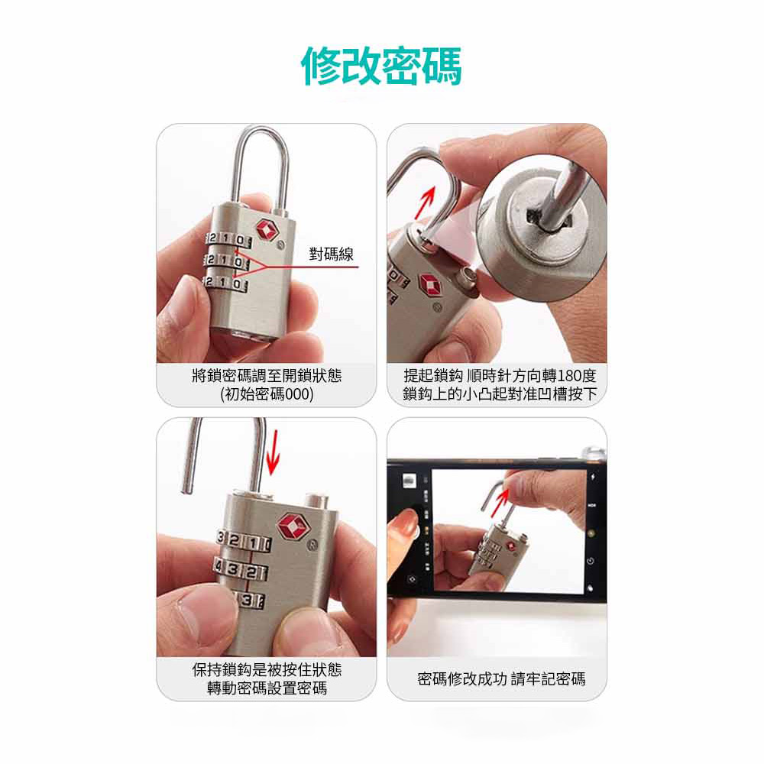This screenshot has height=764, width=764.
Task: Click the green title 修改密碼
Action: [x=381, y=66]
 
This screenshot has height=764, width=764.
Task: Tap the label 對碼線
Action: [x=332, y=254]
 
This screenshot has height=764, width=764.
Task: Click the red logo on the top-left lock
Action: [x=267, y=229]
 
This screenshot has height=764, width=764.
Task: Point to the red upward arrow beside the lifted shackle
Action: [x=424, y=202]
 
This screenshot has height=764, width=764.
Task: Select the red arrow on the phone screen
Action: [x=499, y=503]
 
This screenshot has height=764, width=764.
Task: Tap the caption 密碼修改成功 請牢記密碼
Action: [x=501, y=678]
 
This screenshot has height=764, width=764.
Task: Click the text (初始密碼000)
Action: [x=267, y=393]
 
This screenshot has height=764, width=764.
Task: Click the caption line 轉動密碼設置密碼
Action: [x=267, y=688]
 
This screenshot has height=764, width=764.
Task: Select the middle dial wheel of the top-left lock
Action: [x=227, y=261]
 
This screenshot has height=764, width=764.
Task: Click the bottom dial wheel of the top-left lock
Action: [x=225, y=283]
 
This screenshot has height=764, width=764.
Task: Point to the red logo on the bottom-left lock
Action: [x=292, y=526]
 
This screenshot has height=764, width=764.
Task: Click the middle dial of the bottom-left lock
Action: [x=241, y=571]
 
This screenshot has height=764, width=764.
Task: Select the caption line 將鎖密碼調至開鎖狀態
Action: [x=267, y=376]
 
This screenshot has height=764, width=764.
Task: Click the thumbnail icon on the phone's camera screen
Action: [x=409, y=481]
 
